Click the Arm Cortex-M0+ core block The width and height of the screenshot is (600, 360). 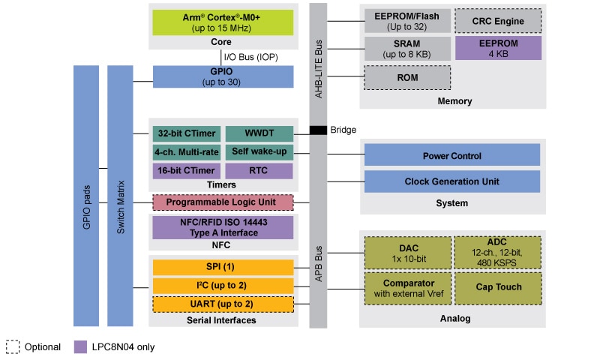click(x=223, y=22)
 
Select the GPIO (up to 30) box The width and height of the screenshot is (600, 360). click(x=223, y=76)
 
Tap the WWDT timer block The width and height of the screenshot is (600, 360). click(x=259, y=133)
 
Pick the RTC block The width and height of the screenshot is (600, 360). click(x=259, y=171)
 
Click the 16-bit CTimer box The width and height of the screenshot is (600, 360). click(x=187, y=171)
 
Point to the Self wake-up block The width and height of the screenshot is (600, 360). click(x=259, y=152)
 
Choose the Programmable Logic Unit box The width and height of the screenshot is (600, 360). click(x=223, y=202)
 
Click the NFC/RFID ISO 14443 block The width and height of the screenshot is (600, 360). click(x=223, y=227)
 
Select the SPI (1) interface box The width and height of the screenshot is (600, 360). click(x=223, y=268)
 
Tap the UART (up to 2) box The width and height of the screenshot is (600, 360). click(x=223, y=304)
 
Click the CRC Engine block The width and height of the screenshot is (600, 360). click(x=497, y=20)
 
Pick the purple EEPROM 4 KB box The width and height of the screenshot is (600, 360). click(x=497, y=49)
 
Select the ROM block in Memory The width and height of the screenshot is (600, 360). click(x=407, y=77)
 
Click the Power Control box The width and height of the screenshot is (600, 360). click(x=451, y=155)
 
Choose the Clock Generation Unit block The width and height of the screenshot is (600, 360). click(x=451, y=181)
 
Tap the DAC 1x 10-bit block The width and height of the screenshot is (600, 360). click(x=407, y=253)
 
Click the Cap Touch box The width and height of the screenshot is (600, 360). click(x=497, y=288)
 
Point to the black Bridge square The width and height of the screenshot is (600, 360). click(x=319, y=130)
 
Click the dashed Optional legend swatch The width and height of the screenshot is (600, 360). click(x=12, y=346)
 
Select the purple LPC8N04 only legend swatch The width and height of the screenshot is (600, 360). click(x=81, y=346)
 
